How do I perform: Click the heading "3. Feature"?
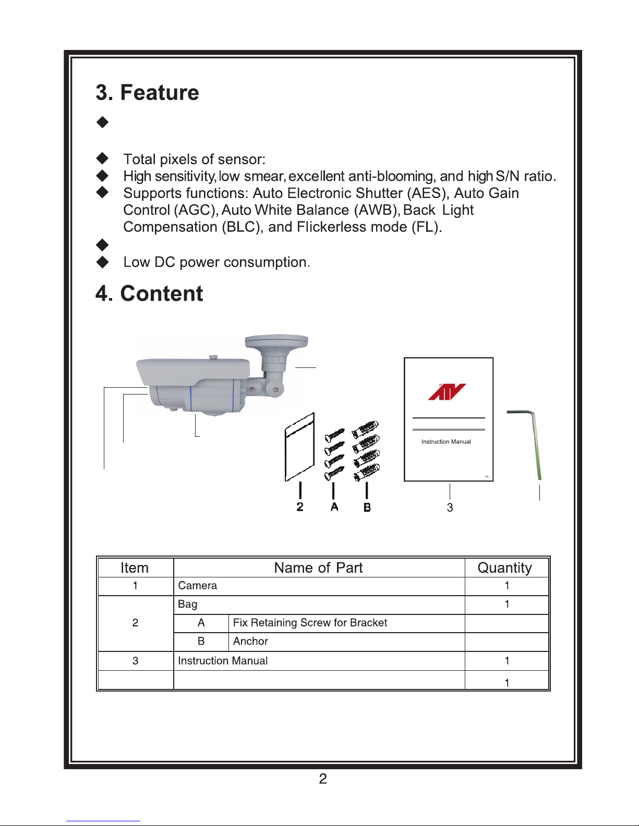[x=147, y=93]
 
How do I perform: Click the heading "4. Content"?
[x=149, y=294]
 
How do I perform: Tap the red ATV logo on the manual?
[x=447, y=392]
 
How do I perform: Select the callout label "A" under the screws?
[x=334, y=507]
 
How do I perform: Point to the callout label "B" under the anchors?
[x=367, y=507]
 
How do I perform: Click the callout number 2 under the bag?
[x=300, y=507]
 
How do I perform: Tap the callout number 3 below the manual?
[x=450, y=508]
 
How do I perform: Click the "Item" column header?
[x=135, y=568]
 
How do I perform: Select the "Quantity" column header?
[x=504, y=568]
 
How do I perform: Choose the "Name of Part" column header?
[x=318, y=568]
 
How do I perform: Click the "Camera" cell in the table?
[x=197, y=586]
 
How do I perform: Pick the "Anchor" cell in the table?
[x=250, y=642]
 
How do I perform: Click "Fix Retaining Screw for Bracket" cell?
[x=310, y=623]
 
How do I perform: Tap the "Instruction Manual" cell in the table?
[x=223, y=661]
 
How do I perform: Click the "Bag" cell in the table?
[x=188, y=605]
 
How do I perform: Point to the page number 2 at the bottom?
[x=323, y=779]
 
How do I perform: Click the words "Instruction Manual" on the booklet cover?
[x=446, y=442]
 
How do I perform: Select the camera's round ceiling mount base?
[x=276, y=342]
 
